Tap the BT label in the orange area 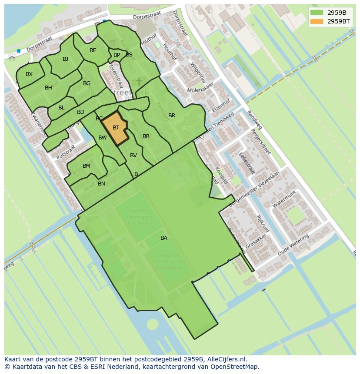click(x=116, y=128)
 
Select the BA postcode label click(x=164, y=238)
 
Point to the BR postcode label click(x=172, y=116)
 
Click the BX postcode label click(x=29, y=74)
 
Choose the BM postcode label click(x=87, y=166)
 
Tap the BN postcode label click(x=101, y=184)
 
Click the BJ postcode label click(x=65, y=59)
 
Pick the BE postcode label click(x=93, y=50)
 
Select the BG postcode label click(x=87, y=83)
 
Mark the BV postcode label click(x=133, y=156)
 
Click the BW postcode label click(x=102, y=138)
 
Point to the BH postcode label click(x=48, y=88)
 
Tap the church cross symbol click(x=139, y=82)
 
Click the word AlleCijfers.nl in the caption click(x=226, y=359)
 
